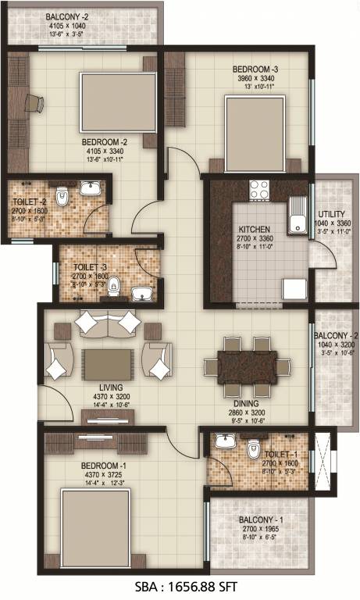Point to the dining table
[x=241, y=366]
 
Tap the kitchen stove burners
[x=259, y=188]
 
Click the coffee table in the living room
[x=107, y=364]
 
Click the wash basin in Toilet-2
[x=91, y=188]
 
